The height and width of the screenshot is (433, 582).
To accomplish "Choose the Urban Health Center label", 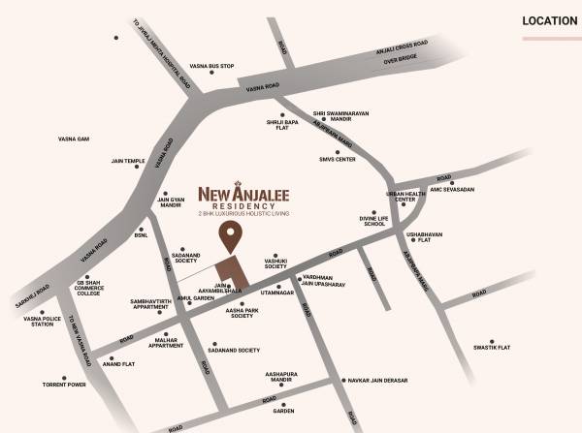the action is (406, 197).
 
